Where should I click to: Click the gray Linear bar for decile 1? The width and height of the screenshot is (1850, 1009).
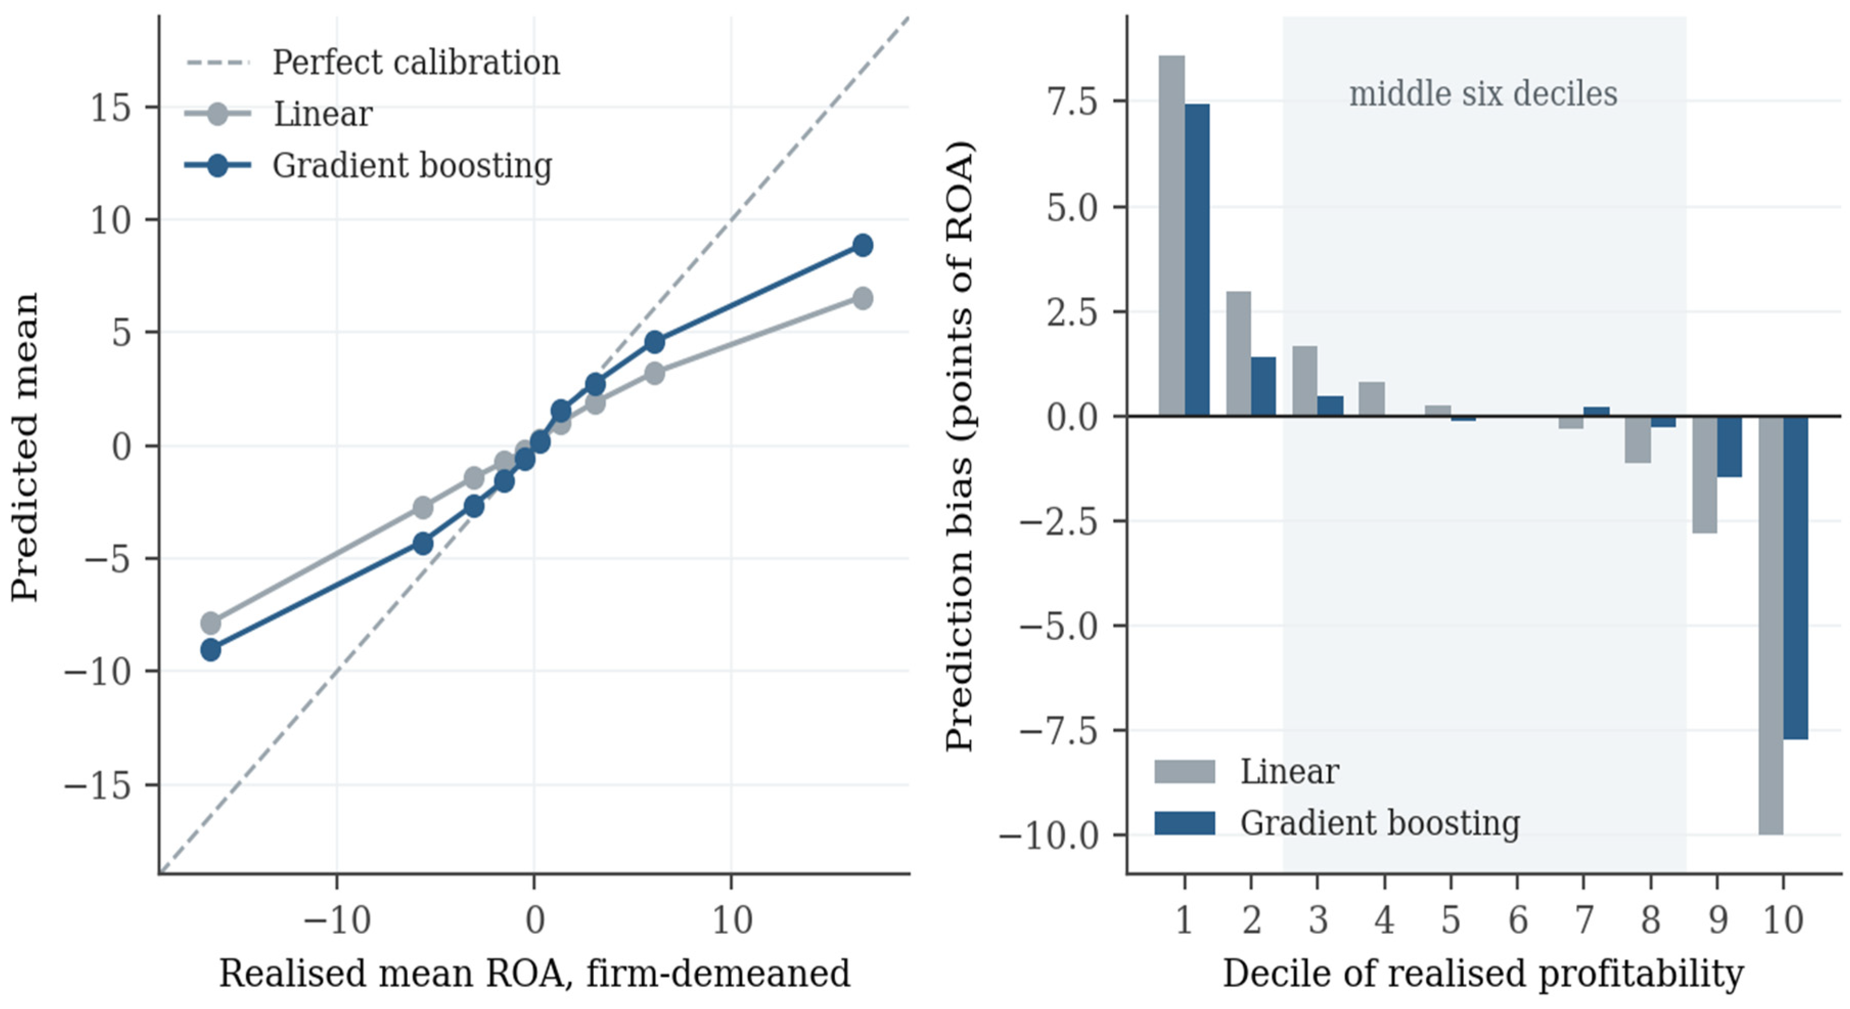click(x=1171, y=236)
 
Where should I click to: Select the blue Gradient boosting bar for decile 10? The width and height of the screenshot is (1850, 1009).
click(x=1795, y=578)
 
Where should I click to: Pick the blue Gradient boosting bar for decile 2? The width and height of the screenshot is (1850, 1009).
click(x=1263, y=386)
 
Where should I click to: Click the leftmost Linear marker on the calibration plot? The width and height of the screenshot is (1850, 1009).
click(x=211, y=622)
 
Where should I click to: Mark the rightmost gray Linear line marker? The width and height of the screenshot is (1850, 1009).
click(x=863, y=298)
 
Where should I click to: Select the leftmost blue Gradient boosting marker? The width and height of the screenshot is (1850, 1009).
click(x=211, y=651)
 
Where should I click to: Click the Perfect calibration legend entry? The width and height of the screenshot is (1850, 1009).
click(x=373, y=62)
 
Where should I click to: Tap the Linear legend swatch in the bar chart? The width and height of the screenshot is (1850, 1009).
click(x=1184, y=771)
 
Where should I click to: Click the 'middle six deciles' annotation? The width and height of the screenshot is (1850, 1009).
click(x=1483, y=94)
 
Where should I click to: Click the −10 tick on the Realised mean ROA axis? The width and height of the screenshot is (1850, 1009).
click(x=337, y=920)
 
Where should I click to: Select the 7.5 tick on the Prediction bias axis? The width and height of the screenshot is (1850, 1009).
click(x=1072, y=101)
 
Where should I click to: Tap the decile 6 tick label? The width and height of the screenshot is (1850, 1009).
click(x=1517, y=920)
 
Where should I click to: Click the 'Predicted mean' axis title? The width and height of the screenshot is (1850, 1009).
click(x=25, y=447)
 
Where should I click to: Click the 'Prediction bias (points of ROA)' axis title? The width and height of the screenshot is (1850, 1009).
click(x=959, y=447)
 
